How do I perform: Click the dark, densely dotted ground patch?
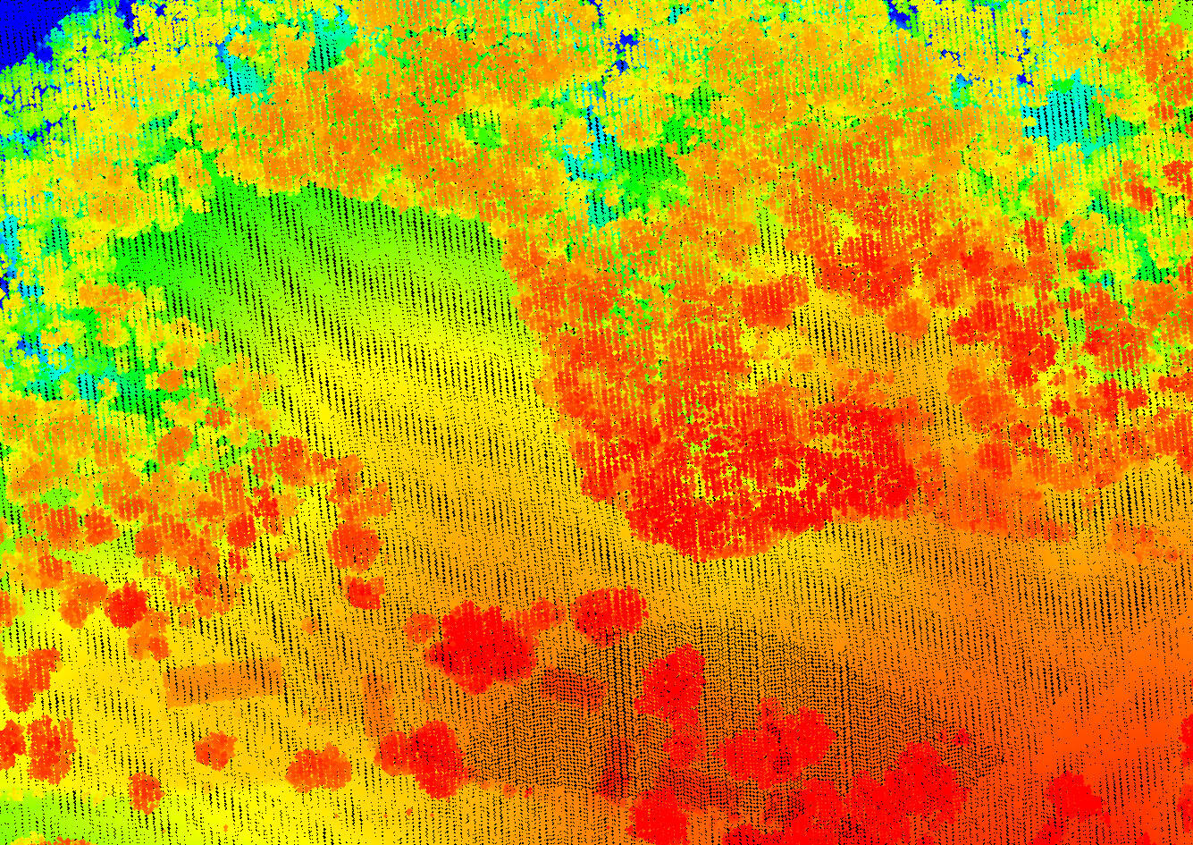point(572,715)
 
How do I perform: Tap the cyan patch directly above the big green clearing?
point(241,67)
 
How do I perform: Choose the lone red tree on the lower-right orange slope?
point(1072,796)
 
